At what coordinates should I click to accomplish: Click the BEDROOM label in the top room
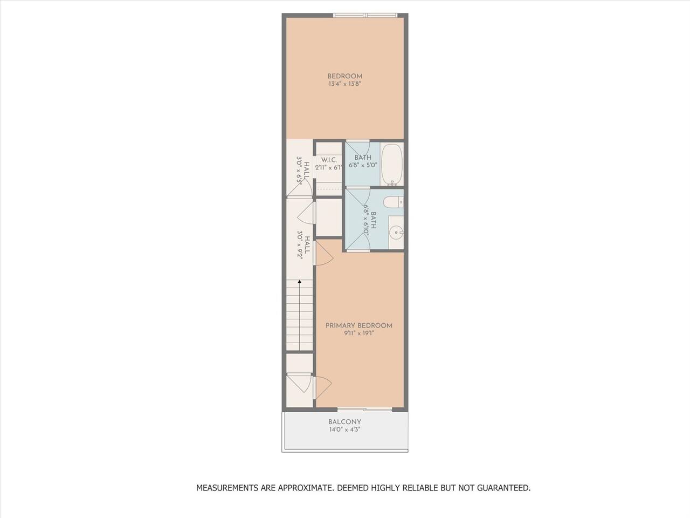pos(345,76)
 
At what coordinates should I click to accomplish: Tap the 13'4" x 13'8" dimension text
pos(345,84)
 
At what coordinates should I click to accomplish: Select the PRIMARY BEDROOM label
pos(358,325)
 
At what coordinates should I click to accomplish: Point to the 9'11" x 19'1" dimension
pos(358,333)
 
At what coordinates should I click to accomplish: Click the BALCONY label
pos(345,422)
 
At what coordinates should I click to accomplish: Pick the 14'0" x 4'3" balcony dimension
pos(345,430)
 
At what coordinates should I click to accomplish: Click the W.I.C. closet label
pos(329,160)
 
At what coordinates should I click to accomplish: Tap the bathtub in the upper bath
pos(392,165)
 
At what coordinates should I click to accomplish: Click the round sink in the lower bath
pos(396,233)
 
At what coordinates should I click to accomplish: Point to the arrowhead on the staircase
pos(300,282)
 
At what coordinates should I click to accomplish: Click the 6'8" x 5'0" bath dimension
pos(363,165)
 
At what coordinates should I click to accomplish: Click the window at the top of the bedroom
pos(365,15)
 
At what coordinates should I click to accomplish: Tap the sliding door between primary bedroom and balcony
pos(364,409)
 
